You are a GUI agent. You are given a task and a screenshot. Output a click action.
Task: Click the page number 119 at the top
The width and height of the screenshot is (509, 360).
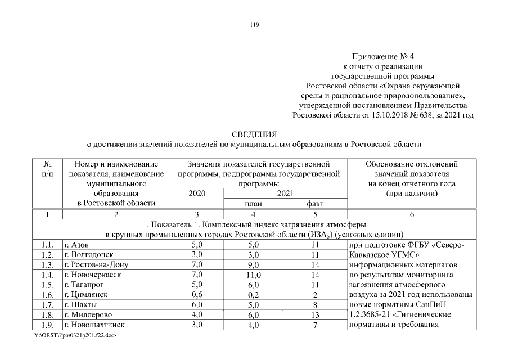254,24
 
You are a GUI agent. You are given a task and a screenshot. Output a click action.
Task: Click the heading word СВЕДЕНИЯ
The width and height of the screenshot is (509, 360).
254,134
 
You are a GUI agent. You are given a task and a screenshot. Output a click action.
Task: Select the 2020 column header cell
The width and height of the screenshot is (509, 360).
197,193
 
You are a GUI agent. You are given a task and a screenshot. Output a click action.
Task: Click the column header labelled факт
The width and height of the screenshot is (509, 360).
314,204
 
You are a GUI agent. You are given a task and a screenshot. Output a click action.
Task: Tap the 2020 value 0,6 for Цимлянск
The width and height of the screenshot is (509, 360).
197,294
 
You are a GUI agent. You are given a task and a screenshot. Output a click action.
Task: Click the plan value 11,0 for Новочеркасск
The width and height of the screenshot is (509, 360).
254,275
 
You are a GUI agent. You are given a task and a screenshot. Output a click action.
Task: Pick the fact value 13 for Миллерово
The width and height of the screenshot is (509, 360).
314,315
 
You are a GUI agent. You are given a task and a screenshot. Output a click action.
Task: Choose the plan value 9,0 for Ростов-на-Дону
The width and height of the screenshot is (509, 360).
254,265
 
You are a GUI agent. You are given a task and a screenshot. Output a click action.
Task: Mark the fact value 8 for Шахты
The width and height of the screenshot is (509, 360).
314,305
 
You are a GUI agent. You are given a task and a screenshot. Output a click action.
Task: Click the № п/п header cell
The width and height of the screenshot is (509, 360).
47,169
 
